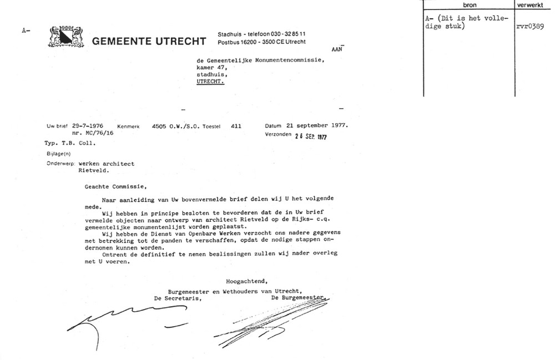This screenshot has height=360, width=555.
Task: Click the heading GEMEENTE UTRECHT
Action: coord(149,42)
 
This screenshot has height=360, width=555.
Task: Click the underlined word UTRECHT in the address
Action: coord(211,81)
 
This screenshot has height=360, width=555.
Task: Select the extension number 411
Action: coord(235,126)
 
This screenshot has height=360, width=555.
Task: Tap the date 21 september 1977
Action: coord(317,125)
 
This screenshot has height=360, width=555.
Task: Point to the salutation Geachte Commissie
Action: coord(117,186)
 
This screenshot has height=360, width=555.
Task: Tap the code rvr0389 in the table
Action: coord(532,26)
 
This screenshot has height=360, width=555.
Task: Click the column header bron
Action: coord(469,4)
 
